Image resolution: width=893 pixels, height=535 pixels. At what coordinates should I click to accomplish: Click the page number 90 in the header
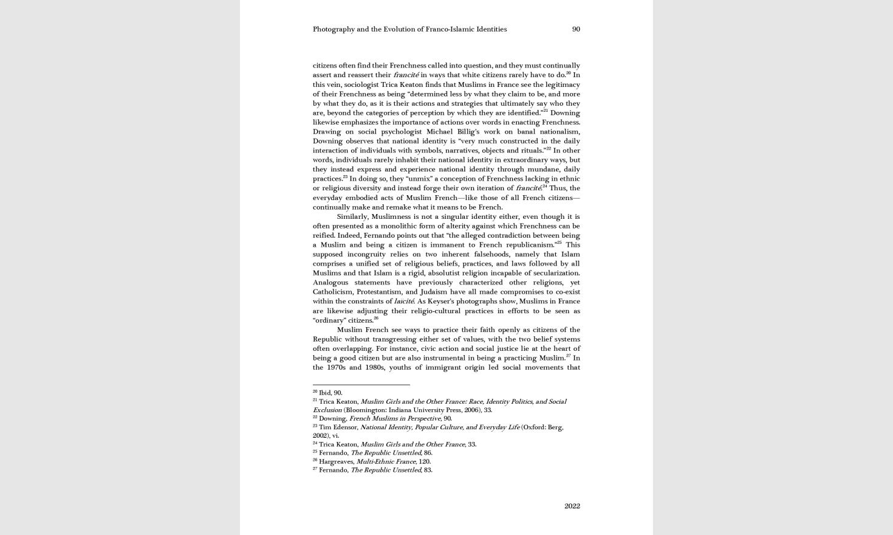click(576, 29)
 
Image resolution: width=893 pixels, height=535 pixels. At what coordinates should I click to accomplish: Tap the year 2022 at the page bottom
click(572, 506)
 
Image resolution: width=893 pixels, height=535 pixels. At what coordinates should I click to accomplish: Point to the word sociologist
click(361, 85)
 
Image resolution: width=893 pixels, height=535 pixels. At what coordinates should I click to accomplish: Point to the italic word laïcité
click(403, 301)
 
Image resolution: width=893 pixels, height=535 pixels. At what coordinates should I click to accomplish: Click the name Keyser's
click(443, 301)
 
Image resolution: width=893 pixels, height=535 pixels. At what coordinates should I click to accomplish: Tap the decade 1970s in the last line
click(336, 367)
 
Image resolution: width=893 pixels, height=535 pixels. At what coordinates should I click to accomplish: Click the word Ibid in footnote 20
click(325, 393)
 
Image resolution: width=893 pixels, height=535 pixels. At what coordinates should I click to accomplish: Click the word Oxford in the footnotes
click(534, 427)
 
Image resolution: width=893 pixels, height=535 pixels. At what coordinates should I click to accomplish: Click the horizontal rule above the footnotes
click(361, 385)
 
